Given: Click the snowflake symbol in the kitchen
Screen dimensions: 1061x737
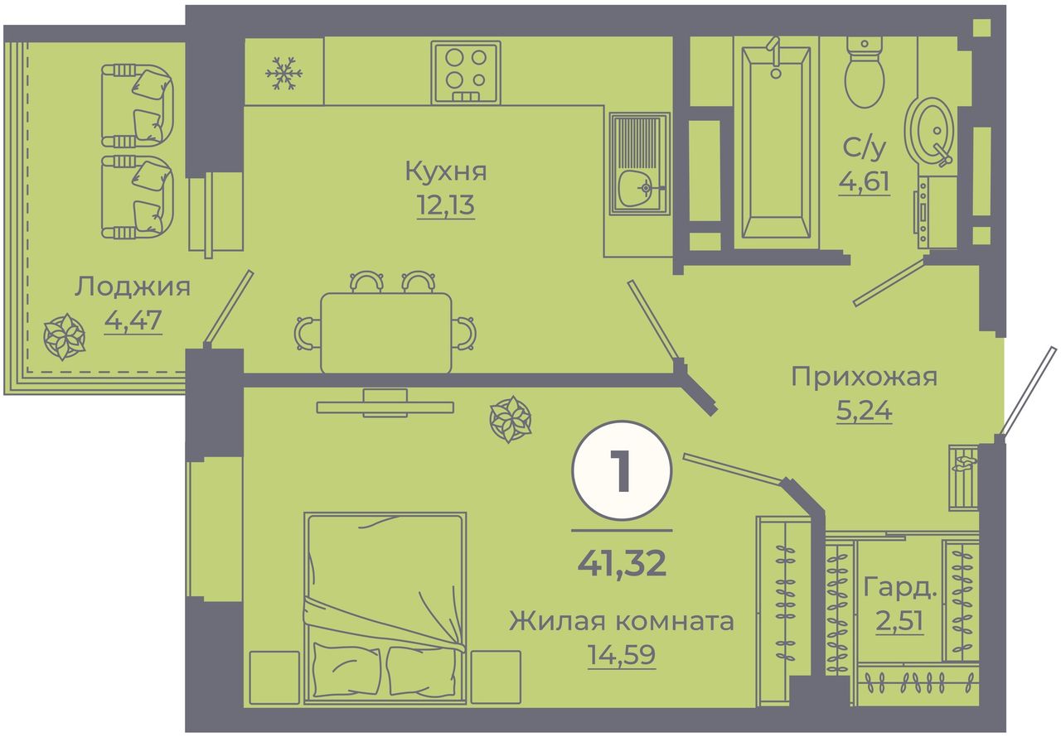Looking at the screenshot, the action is [283, 74].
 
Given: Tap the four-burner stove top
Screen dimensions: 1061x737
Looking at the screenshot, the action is [466, 72].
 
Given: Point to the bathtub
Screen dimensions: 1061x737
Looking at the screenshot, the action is [776, 142].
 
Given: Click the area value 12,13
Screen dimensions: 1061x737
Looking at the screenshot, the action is [445, 205].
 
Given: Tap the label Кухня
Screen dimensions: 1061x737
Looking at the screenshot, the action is [446, 171].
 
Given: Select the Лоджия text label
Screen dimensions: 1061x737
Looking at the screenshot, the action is [132, 287].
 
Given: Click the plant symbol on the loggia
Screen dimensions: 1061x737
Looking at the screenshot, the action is [64, 337].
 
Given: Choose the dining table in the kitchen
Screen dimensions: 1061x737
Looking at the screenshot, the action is [386, 333].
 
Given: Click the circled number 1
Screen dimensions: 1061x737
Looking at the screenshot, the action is [622, 470].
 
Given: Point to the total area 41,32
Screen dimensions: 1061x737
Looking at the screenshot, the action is [622, 563].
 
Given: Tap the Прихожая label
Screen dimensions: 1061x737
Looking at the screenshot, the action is [864, 377].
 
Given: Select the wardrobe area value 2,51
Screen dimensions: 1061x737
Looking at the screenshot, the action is [899, 621].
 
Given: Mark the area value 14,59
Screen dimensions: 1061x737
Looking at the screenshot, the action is [622, 655].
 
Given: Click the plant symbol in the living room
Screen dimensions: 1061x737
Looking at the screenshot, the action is [510, 420].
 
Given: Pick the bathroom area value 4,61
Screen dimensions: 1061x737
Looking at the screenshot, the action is [864, 181].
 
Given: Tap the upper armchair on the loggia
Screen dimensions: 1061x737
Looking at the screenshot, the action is [138, 105].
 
